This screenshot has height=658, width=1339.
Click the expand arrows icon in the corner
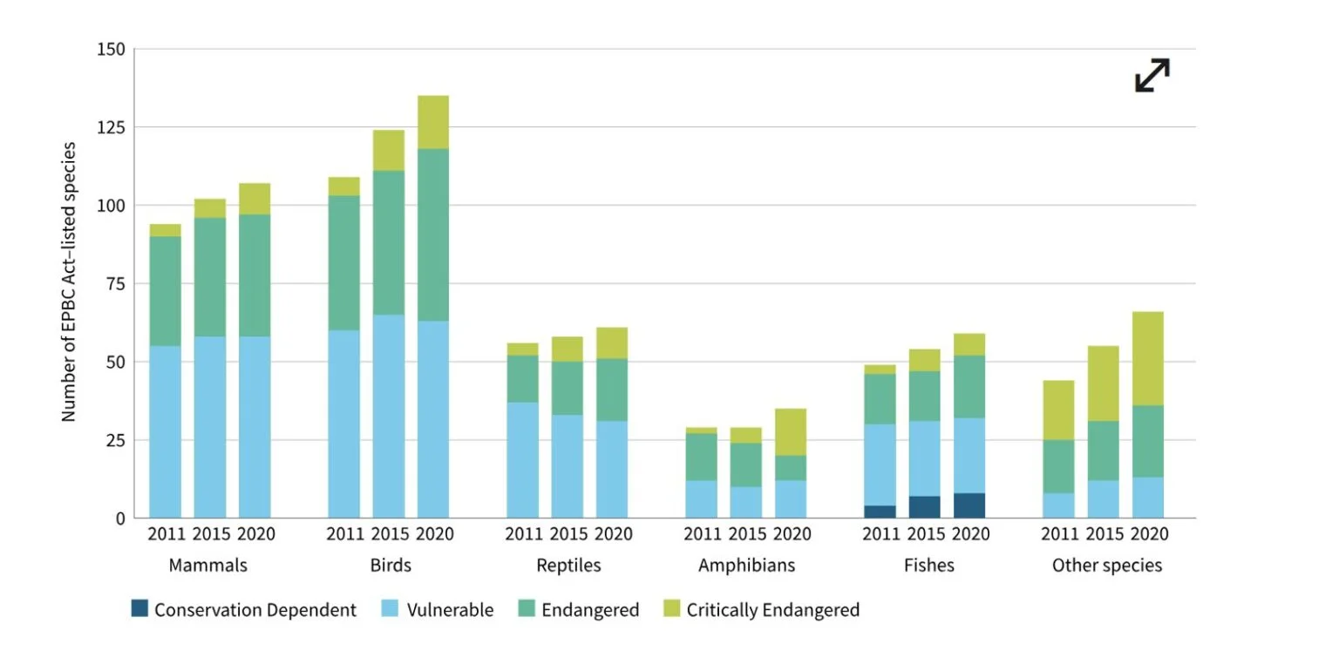click(x=1152, y=75)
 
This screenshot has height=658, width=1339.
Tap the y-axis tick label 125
click(x=110, y=128)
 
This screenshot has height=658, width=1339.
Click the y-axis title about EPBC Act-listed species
click(x=70, y=282)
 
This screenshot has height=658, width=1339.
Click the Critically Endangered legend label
click(x=772, y=610)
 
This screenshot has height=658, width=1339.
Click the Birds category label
click(x=390, y=566)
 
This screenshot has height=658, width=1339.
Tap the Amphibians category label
click(x=746, y=566)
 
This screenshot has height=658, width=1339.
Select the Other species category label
click(x=1106, y=566)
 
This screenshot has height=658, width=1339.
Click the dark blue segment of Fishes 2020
click(x=969, y=505)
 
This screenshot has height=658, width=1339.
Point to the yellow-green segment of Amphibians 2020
click(x=790, y=431)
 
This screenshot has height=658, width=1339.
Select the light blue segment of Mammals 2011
click(x=166, y=431)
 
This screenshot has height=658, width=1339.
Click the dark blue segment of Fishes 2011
click(x=879, y=512)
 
